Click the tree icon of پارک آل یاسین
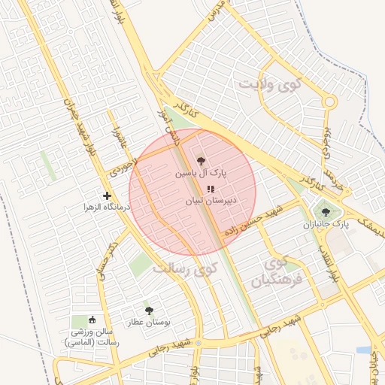tap(200, 160)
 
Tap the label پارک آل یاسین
tap(201, 172)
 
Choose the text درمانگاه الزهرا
tap(107, 207)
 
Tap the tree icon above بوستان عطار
tap(148, 310)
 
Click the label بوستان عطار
tap(148, 322)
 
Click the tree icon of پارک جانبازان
tap(325, 212)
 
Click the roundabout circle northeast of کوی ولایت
tap(329, 102)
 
